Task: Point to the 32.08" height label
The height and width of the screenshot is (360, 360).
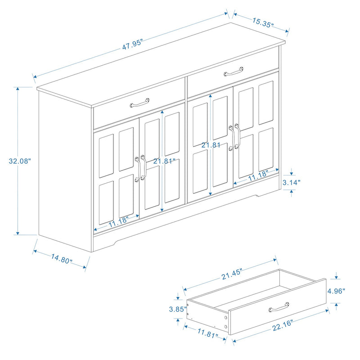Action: tap(18, 160)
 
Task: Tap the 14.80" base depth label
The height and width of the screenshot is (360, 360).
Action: tap(62, 259)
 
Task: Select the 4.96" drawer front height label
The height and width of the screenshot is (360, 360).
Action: tap(337, 291)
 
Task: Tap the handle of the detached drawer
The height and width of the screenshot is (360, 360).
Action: tap(279, 309)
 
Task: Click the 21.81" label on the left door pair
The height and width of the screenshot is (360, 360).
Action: tap(163, 161)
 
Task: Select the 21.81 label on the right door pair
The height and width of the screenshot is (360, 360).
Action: tap(210, 145)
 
